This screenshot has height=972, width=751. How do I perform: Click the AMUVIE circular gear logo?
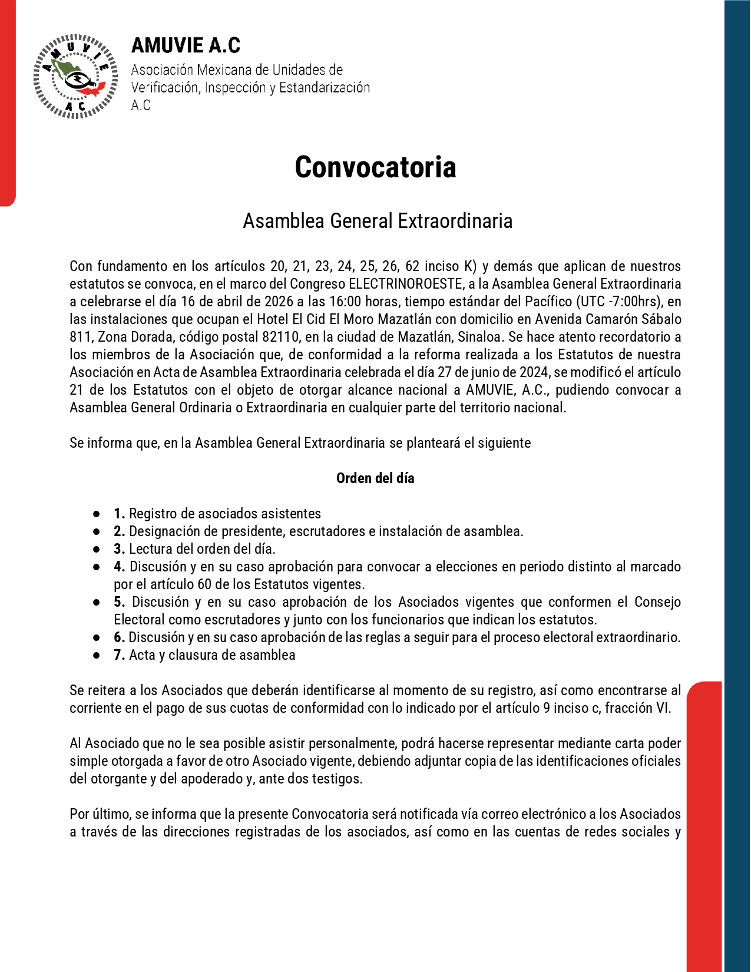click(76, 77)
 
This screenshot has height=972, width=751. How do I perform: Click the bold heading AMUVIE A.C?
click(186, 45)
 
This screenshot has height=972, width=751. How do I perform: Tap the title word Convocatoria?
click(375, 167)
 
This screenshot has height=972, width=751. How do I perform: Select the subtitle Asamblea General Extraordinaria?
click(378, 221)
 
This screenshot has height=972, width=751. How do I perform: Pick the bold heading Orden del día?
click(375, 478)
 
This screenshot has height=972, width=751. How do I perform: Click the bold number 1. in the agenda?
click(119, 514)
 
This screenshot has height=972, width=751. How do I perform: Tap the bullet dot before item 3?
click(97, 549)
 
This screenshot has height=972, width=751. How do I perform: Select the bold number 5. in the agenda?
click(120, 602)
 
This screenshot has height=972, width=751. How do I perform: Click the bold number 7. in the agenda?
click(119, 655)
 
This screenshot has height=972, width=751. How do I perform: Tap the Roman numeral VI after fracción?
click(662, 708)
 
